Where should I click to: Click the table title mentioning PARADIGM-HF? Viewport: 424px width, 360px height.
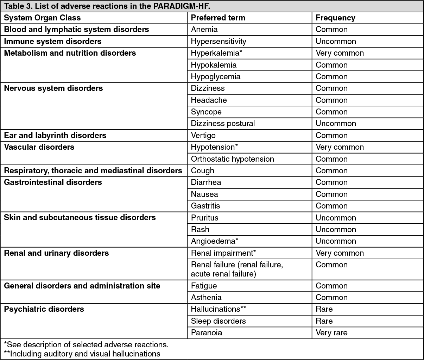(x=107, y=6)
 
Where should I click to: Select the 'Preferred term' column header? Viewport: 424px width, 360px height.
(x=218, y=18)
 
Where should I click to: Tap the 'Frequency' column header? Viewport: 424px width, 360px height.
(x=335, y=18)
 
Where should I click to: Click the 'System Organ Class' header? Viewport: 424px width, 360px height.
(x=42, y=18)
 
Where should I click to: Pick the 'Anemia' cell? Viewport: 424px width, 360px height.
(x=204, y=30)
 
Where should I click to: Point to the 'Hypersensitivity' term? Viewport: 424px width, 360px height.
(x=219, y=41)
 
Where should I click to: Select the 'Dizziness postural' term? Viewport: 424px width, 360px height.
(x=223, y=124)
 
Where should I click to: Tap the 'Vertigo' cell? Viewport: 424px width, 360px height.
(x=203, y=135)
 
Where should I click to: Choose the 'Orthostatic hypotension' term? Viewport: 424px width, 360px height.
(x=232, y=159)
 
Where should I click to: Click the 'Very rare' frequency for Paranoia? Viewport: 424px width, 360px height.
(x=331, y=333)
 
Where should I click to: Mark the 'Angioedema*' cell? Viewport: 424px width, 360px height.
(x=215, y=241)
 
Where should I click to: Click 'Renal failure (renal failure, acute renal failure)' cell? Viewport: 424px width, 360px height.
(x=237, y=269)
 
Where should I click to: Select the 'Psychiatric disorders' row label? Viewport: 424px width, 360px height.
(x=44, y=309)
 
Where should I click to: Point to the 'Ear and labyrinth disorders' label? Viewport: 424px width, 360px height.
(x=55, y=135)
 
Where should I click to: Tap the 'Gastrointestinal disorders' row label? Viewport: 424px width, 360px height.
(x=53, y=182)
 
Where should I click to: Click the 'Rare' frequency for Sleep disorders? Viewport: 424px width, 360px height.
(x=324, y=321)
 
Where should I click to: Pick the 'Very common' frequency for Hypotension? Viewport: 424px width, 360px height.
(x=340, y=147)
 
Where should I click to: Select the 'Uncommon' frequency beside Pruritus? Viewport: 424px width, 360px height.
(x=336, y=218)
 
